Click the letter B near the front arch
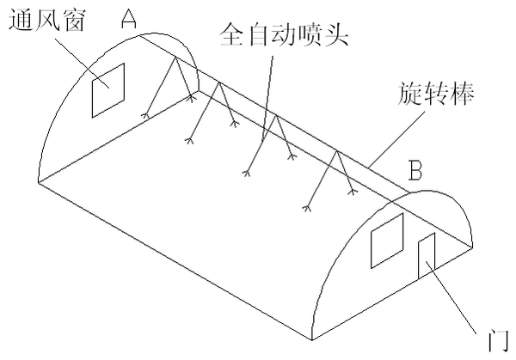coord(415,173)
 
